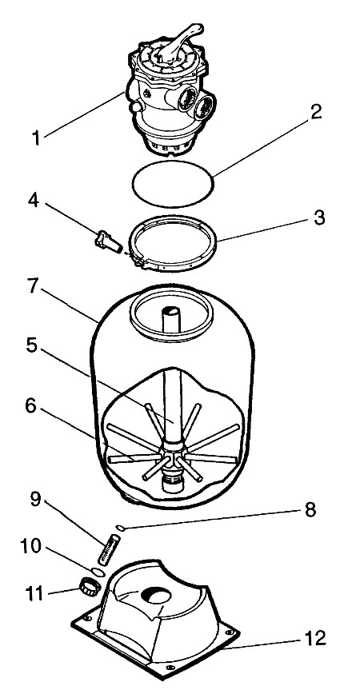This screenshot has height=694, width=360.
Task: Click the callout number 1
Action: (37, 138)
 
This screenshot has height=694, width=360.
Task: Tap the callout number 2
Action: (315, 113)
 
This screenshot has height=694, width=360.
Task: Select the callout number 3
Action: (318, 218)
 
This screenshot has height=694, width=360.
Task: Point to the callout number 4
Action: (34, 201)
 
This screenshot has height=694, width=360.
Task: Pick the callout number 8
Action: (309, 510)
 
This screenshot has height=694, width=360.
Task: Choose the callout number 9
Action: (34, 499)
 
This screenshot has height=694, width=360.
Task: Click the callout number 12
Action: (315, 638)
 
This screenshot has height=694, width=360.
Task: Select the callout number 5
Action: (31, 346)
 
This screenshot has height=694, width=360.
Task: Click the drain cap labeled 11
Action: (90, 586)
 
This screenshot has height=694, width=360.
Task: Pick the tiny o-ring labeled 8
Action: (119, 527)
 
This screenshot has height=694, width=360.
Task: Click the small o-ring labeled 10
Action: (98, 572)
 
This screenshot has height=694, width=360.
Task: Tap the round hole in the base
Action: (156, 596)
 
